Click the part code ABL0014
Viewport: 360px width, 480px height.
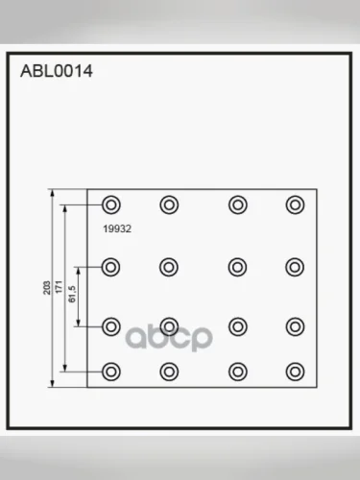(x=57, y=71)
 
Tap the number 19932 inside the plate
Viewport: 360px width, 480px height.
(x=117, y=228)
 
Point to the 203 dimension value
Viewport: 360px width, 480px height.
(x=47, y=288)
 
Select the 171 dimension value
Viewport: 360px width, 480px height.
(x=59, y=287)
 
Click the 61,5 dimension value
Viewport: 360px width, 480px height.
(x=72, y=294)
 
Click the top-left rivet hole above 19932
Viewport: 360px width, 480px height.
(x=111, y=204)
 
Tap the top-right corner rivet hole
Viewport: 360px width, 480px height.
(x=295, y=204)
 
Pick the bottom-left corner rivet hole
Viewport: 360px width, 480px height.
(x=111, y=372)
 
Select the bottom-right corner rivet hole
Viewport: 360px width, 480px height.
(x=295, y=372)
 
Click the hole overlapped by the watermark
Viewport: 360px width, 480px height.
(x=169, y=326)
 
